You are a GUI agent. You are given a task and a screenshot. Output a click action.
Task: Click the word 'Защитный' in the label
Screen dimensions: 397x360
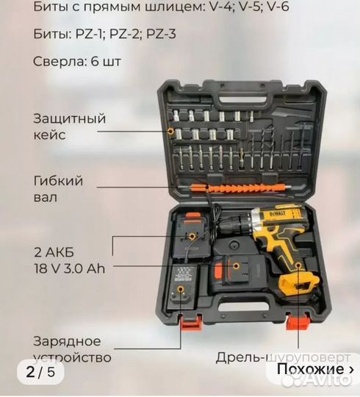70,118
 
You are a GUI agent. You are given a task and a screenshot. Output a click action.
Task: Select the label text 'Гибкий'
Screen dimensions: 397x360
58,181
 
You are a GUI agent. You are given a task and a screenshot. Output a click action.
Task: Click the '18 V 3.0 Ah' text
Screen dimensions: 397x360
69,268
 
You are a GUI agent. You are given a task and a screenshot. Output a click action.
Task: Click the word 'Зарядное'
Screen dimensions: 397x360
67,341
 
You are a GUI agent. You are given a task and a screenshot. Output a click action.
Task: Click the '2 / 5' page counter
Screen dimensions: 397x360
40,372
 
